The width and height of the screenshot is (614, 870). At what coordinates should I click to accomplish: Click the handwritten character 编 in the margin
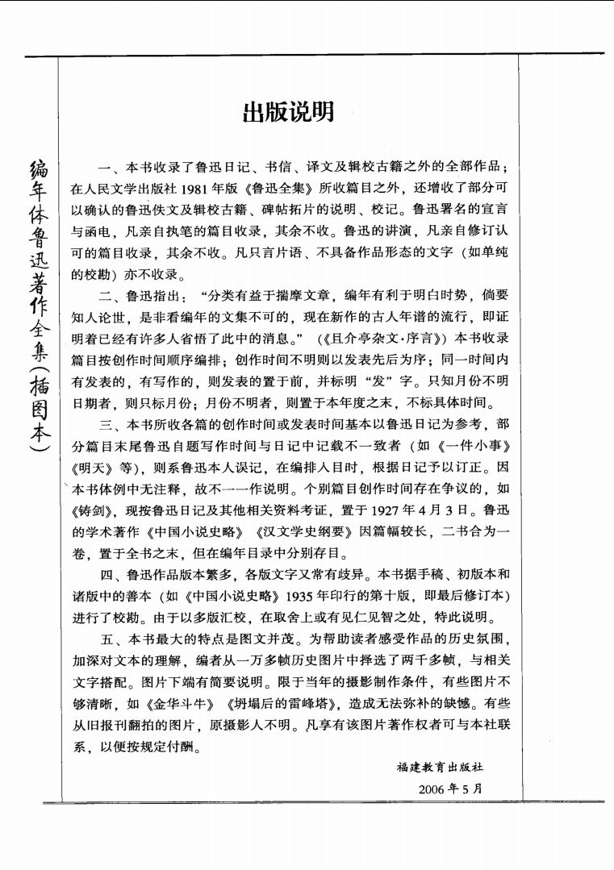[38, 169]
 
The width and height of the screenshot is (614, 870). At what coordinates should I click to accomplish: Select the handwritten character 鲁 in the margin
[38, 238]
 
